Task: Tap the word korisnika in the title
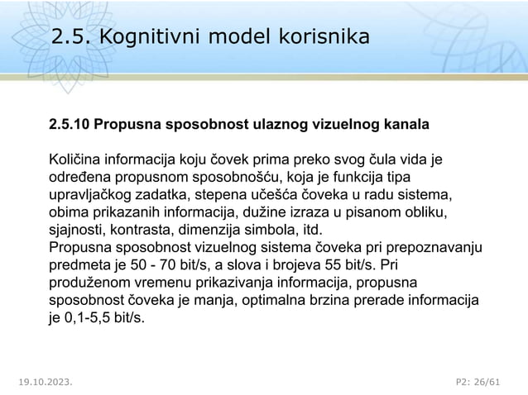319,37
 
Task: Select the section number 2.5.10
69,126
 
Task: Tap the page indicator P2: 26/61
479,383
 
